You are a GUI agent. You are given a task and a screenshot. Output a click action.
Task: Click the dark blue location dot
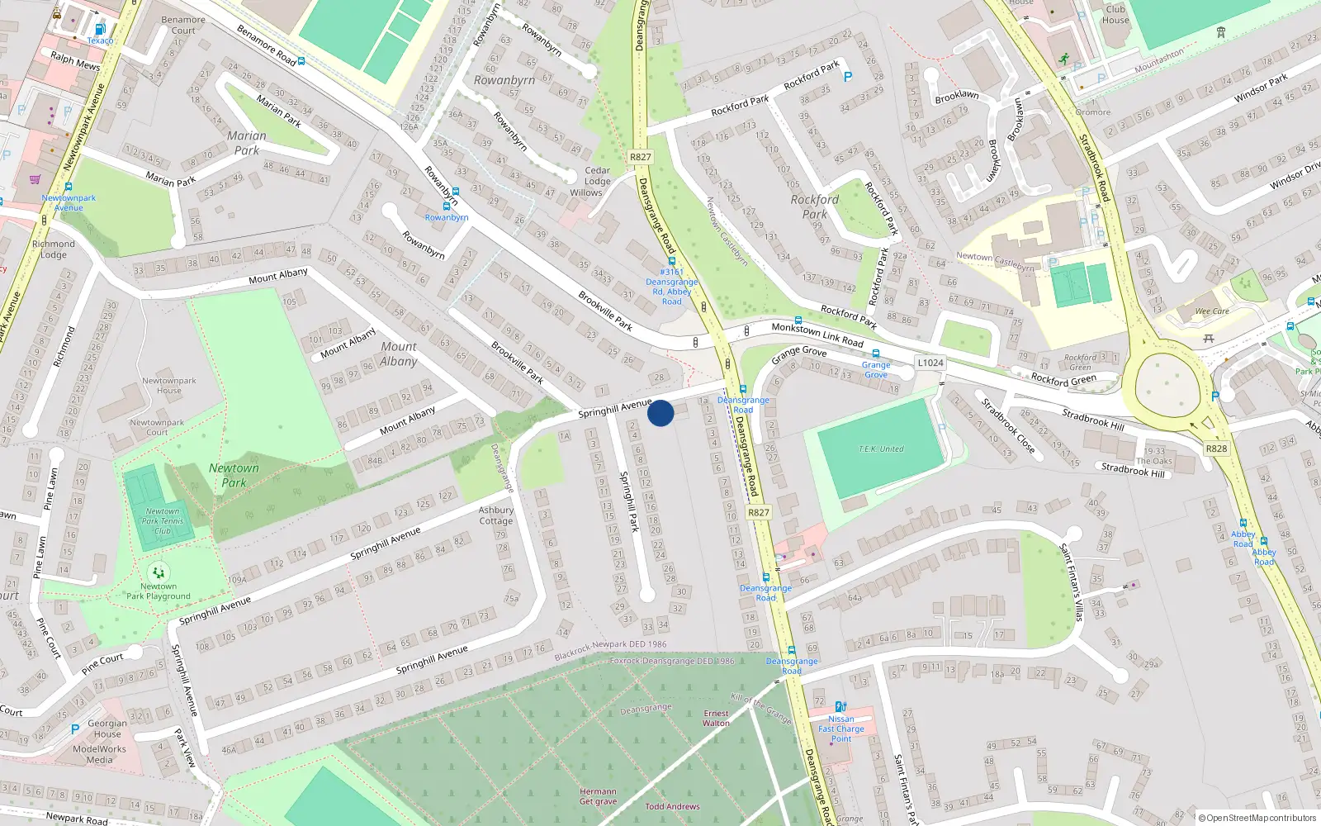[x=660, y=413]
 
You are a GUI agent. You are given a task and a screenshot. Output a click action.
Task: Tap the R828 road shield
[x=1216, y=449]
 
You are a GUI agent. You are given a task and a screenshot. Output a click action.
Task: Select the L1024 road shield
[x=930, y=363]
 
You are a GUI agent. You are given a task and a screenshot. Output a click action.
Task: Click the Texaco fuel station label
[x=100, y=40]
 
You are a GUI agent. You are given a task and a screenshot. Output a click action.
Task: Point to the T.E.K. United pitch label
[x=881, y=449]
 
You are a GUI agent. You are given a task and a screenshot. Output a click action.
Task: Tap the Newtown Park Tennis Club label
[x=162, y=520]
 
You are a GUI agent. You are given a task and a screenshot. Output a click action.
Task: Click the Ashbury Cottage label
[x=495, y=515]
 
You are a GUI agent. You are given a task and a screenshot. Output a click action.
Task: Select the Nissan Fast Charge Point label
[x=840, y=729]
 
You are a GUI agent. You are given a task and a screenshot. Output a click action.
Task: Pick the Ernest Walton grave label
[x=716, y=718]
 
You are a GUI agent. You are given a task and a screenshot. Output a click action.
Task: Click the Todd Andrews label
[x=672, y=806]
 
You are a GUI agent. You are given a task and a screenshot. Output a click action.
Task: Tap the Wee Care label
[x=1212, y=311]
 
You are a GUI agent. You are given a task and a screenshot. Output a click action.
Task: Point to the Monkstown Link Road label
[x=817, y=335]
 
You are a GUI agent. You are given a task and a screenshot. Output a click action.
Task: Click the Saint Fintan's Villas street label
[x=1072, y=582]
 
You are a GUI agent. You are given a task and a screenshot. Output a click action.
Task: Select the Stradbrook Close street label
[x=1007, y=425]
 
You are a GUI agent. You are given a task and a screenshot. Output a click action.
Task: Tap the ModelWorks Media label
[x=99, y=754]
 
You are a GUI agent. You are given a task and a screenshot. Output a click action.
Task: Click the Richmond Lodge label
[x=54, y=249]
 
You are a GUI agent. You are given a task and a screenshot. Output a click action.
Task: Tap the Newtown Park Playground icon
[x=158, y=572]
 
